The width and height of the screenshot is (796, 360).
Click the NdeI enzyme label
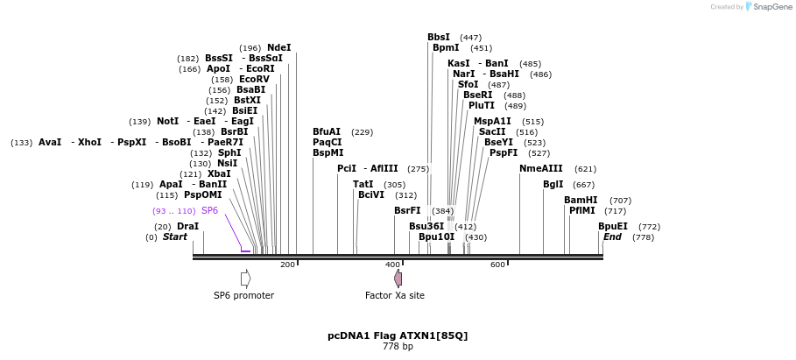click(278, 48)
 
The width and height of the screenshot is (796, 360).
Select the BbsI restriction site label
click(439, 38)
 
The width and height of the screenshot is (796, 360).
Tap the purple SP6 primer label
click(210, 211)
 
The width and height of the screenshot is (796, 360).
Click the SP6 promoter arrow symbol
click(246, 278)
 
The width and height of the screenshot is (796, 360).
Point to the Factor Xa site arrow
click(398, 279)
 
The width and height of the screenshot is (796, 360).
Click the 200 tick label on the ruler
click(287, 265)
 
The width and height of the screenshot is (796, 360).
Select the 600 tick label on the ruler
click(497, 265)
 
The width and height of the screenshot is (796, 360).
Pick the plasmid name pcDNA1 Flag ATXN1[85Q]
click(398, 335)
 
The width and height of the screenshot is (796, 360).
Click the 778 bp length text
click(398, 347)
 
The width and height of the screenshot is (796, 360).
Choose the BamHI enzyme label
click(581, 201)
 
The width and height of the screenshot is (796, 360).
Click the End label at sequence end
click(612, 237)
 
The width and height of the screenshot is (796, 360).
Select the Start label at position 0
click(175, 237)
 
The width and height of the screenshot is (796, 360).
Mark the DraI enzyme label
click(187, 227)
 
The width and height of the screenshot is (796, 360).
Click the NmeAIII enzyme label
click(540, 169)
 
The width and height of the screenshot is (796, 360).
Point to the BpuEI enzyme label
click(613, 227)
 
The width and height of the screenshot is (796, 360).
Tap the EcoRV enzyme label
click(254, 80)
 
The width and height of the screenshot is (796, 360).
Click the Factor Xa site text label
click(395, 296)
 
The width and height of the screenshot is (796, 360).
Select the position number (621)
click(585, 169)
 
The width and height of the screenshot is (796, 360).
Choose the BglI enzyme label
click(553, 185)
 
